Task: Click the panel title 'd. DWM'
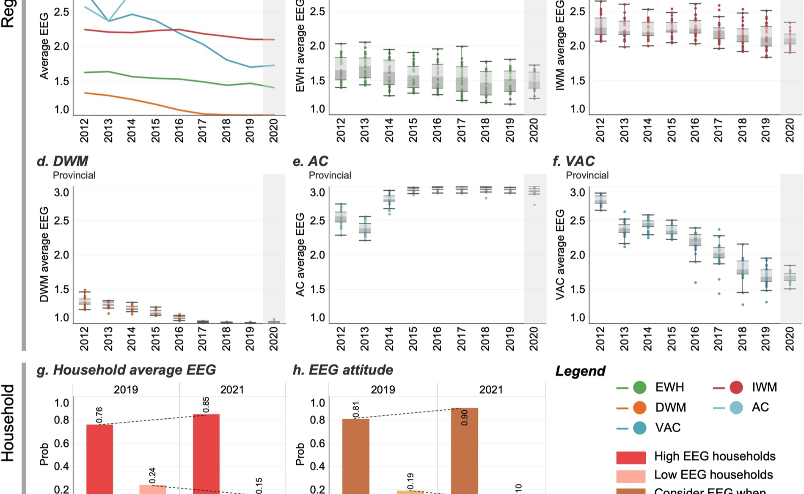point(63,161)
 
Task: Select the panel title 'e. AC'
point(311,161)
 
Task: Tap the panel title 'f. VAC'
point(574,161)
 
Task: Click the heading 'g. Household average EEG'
point(127,370)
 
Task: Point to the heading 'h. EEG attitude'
point(343,370)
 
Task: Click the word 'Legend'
point(581,371)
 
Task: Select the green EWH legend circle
point(640,387)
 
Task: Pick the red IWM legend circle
point(736,387)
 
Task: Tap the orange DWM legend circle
point(640,408)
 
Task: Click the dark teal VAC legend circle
point(640,428)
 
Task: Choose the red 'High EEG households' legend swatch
point(631,457)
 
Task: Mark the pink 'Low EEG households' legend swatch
point(631,476)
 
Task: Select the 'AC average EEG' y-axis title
point(300,254)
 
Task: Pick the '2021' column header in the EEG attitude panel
point(491,390)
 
